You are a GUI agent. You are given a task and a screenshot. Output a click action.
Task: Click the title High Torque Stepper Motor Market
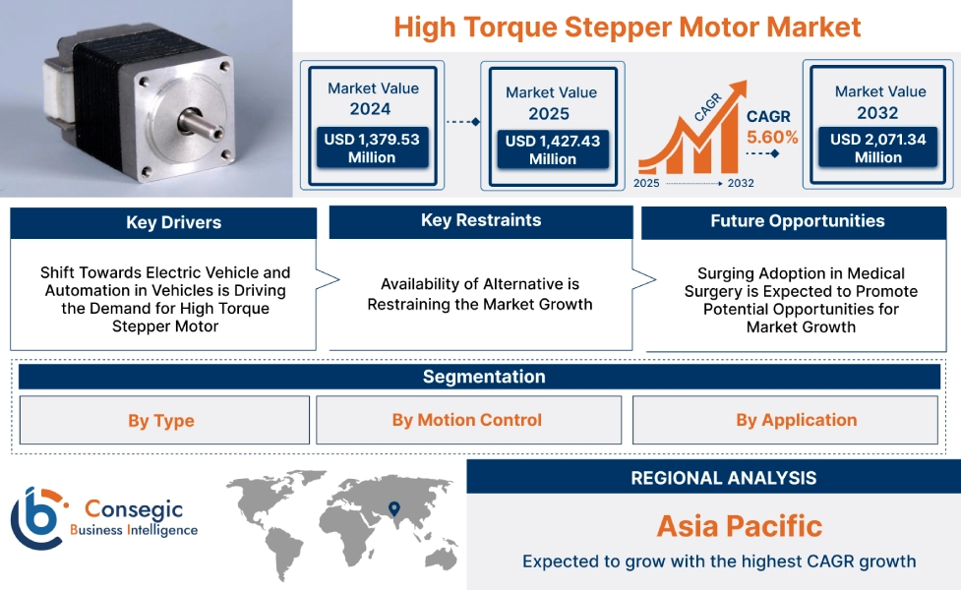(627, 27)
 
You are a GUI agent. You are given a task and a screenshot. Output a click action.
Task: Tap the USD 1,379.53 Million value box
(372, 148)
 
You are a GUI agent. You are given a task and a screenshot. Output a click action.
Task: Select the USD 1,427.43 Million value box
(552, 149)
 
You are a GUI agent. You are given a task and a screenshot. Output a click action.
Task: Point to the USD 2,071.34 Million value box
(878, 148)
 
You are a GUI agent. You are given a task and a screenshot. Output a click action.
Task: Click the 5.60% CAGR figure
(772, 137)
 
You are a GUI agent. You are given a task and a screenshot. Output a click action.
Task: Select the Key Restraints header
(480, 220)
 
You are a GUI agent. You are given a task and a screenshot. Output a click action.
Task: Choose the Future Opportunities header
(797, 221)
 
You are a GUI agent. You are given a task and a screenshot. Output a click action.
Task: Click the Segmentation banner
(483, 377)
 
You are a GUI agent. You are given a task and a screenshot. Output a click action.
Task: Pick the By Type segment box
(161, 421)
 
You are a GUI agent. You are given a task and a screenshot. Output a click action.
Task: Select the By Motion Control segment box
(467, 420)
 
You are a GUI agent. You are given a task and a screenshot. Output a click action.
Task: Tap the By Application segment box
(796, 420)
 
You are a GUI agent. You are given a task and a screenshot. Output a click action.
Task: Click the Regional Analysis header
(723, 478)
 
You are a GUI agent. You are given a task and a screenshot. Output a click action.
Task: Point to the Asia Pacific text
(739, 526)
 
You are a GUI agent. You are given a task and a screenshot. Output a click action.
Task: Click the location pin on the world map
(394, 508)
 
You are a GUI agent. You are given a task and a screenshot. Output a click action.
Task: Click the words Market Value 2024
(372, 98)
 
